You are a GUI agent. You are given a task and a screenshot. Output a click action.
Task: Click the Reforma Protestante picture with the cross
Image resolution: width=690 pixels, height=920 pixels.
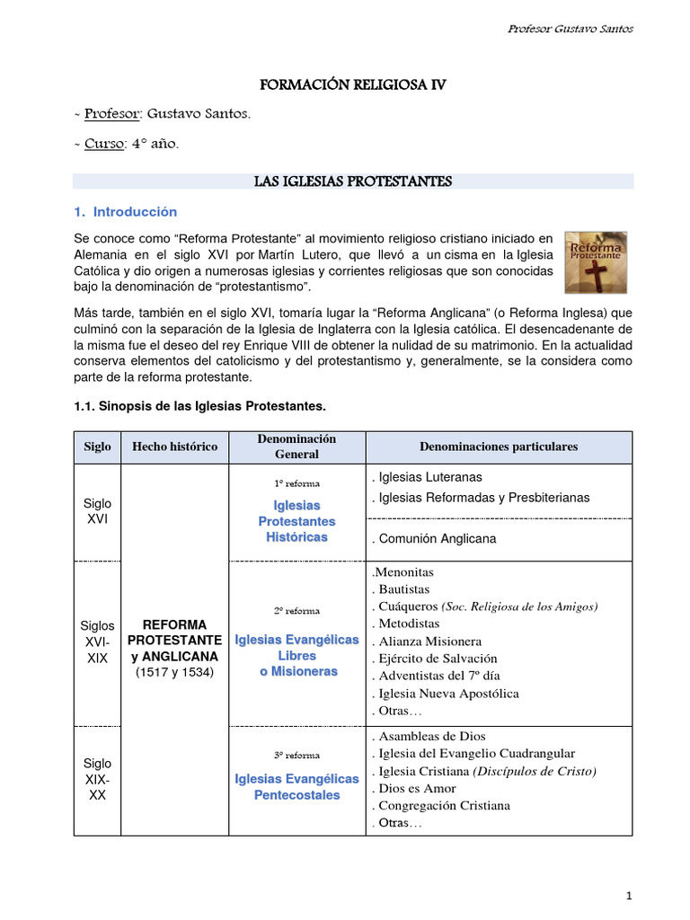596,261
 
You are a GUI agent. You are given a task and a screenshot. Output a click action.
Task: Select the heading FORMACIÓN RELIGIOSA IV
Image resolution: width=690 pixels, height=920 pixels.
352,86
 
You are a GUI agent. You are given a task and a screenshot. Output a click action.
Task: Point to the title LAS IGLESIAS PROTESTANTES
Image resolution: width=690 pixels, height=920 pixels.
353,181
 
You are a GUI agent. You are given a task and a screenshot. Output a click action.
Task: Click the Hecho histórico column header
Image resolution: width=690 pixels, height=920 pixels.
175,447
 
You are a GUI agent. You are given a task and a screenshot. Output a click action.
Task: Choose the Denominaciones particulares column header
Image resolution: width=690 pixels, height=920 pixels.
499,447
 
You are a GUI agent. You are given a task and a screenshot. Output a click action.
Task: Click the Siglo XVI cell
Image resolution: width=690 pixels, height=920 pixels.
97,512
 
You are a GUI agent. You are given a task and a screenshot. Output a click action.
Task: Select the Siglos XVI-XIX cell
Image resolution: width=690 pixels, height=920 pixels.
97,641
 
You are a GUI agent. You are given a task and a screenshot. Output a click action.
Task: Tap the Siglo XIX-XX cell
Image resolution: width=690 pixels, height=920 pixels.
97,780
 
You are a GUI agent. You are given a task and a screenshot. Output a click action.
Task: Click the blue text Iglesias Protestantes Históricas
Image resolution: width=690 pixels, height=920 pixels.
296,521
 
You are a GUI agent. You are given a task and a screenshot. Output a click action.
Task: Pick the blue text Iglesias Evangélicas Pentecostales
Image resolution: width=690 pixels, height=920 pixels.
296,787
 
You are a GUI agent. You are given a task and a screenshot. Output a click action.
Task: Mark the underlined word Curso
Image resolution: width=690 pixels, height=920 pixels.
103,144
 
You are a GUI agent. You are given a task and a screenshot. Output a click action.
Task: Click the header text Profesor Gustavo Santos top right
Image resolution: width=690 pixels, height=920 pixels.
570,28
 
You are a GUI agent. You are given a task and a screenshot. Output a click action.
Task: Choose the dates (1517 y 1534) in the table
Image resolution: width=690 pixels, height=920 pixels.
175,672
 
